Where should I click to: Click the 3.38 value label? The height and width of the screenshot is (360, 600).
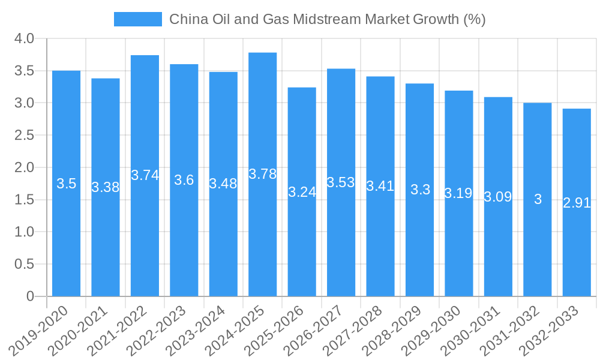click(x=106, y=187)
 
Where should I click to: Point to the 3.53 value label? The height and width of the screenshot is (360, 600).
click(x=341, y=182)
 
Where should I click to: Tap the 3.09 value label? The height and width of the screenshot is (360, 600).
click(x=498, y=197)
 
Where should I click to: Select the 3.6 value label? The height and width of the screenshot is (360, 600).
click(x=184, y=180)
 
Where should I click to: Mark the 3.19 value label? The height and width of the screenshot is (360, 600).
click(x=458, y=193)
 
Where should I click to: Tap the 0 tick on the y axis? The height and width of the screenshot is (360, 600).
click(x=31, y=296)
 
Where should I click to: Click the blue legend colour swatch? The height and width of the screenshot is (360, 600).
click(x=138, y=19)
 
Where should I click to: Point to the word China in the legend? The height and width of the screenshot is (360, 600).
click(x=188, y=19)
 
